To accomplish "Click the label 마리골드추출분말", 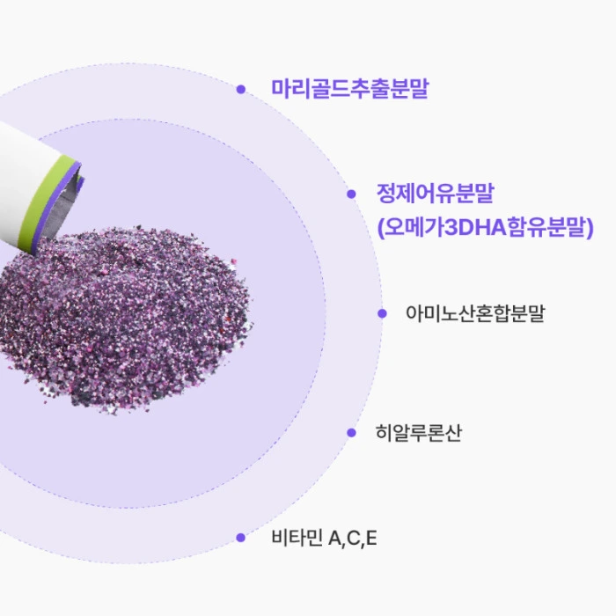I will (350, 89).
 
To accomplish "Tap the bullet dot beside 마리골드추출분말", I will (240, 89).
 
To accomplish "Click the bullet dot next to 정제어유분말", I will (351, 194).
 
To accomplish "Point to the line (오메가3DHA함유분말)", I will (485, 229).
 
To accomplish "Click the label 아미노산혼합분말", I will (475, 313).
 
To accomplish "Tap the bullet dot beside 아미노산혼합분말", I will (381, 313).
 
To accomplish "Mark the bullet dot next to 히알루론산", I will (351, 433).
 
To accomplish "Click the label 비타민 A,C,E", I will (325, 538).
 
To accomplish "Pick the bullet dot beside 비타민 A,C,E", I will (240, 538).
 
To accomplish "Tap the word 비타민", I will (297, 538).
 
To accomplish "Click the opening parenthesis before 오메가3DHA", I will (380, 229).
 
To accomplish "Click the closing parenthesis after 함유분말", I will (590, 229).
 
